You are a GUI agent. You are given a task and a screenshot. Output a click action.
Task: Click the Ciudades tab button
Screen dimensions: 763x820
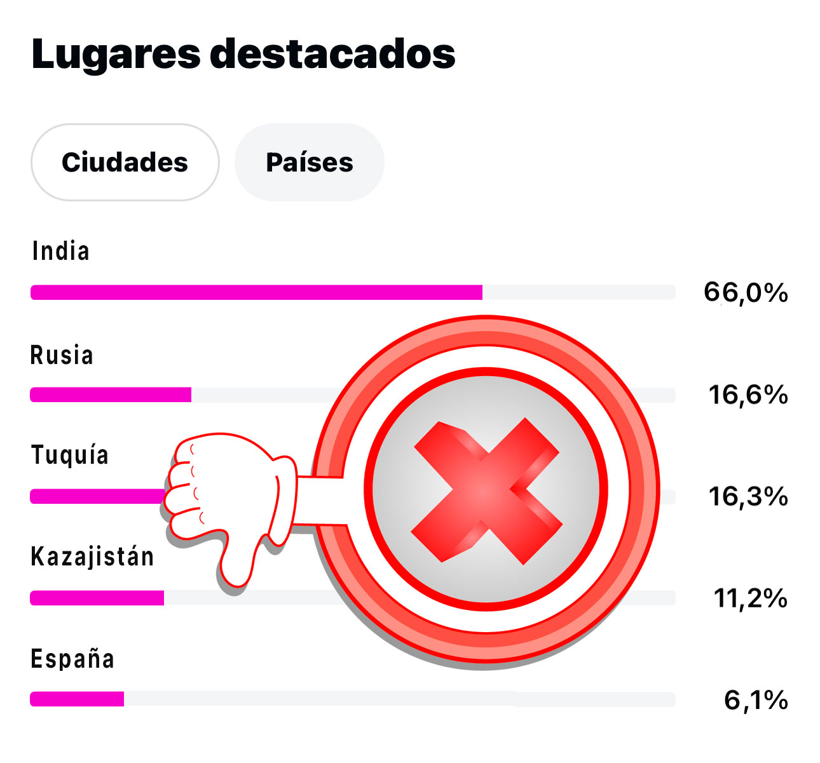point(125,163)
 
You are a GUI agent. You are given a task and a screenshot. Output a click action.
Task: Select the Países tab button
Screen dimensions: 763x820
point(310,163)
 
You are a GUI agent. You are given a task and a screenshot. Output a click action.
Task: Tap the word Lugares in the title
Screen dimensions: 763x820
point(115,55)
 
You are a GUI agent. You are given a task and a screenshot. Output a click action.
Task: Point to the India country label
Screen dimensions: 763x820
point(61,252)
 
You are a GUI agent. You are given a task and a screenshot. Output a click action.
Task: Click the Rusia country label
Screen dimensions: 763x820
point(62,356)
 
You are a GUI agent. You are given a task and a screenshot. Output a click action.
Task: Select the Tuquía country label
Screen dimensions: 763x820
point(70,456)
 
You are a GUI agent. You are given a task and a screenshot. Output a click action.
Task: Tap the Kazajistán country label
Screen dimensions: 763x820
point(93,557)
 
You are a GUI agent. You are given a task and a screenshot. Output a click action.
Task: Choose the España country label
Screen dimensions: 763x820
point(72,659)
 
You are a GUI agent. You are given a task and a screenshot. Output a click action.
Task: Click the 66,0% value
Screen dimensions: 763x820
point(746,293)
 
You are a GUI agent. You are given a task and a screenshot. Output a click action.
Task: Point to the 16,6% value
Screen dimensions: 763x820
point(748,395)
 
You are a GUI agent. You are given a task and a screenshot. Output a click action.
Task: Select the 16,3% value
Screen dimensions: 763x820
point(748,496)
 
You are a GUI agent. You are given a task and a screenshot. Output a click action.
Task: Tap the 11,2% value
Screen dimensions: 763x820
point(751,598)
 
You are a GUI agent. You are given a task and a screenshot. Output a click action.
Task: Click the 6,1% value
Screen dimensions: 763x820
point(756,700)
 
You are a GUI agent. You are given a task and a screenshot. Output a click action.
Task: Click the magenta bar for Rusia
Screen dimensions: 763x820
point(111,395)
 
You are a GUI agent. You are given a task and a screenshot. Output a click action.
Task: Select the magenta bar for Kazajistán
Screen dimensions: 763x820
point(97,598)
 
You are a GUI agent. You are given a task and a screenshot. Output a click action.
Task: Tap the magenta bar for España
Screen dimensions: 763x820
point(77,699)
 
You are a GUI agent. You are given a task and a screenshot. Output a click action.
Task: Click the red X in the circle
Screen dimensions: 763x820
point(486,491)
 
